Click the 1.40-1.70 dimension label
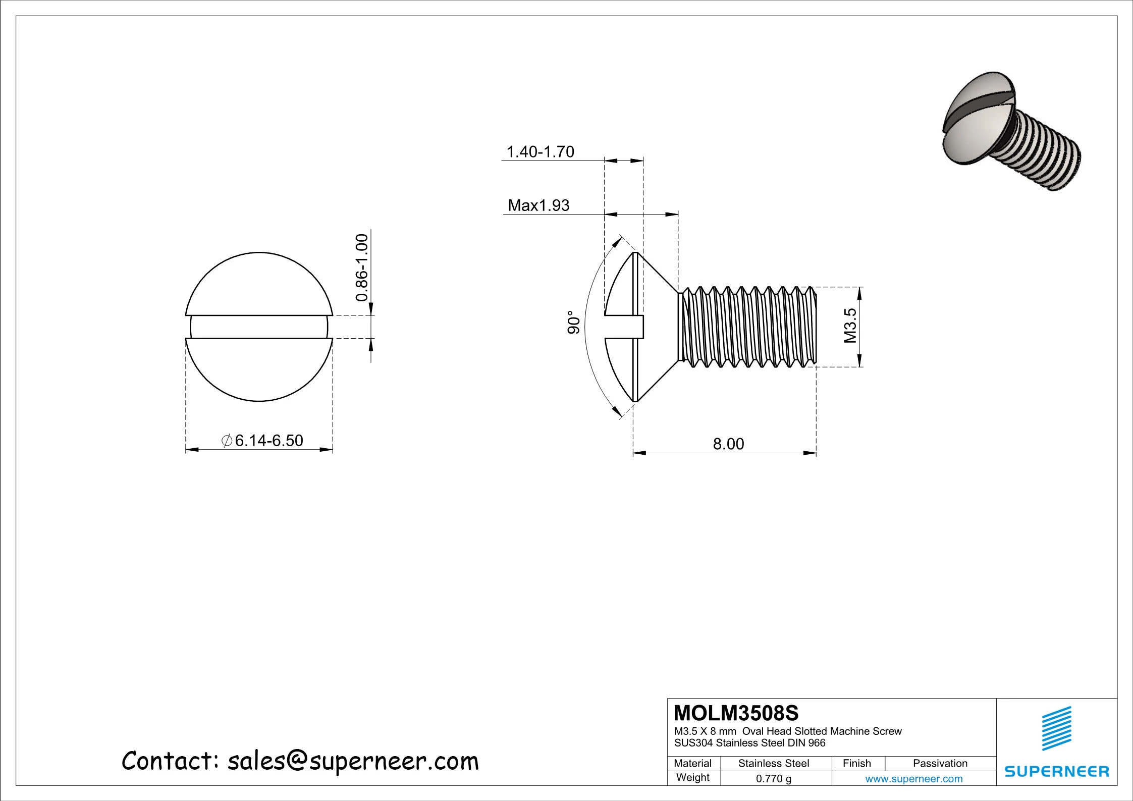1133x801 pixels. pyautogui.click(x=540, y=152)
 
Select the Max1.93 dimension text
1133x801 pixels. pyautogui.click(x=538, y=205)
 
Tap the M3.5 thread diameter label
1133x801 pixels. pyautogui.click(x=851, y=326)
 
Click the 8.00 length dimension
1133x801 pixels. pyautogui.click(x=728, y=444)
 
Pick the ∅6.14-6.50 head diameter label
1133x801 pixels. pyautogui.click(x=262, y=441)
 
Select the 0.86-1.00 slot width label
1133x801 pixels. pyautogui.click(x=362, y=268)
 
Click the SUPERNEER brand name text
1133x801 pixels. pyautogui.click(x=1057, y=771)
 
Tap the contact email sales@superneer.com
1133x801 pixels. pyautogui.click(x=353, y=761)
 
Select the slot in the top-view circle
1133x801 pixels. pyautogui.click(x=259, y=327)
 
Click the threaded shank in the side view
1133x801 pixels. pyautogui.click(x=747, y=327)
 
